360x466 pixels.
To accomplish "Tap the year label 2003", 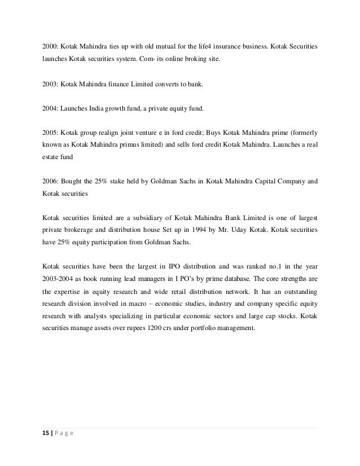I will [x=50, y=84].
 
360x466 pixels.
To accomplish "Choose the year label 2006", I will [x=50, y=182].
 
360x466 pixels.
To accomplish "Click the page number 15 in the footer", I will [x=45, y=433].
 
